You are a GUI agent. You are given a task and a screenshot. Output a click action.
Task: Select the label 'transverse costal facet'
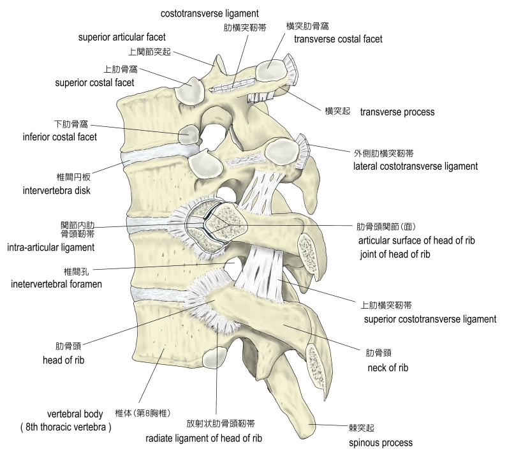click(338, 39)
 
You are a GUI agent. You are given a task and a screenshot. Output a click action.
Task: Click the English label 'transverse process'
click(397, 112)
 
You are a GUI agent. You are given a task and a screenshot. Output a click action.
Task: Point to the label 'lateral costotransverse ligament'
click(415, 166)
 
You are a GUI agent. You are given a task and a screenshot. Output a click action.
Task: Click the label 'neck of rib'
click(388, 368)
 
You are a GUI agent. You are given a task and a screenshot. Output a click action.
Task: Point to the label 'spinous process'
click(381, 443)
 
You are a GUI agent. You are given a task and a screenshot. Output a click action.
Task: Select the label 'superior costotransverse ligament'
click(429, 319)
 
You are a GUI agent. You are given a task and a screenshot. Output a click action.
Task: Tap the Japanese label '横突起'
click(337, 111)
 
